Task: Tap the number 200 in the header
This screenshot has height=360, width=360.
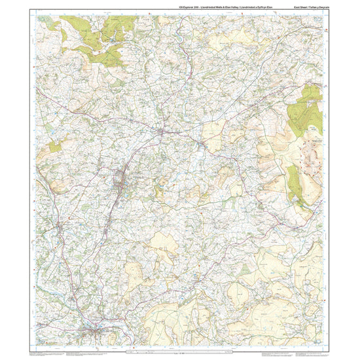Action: click(189, 7)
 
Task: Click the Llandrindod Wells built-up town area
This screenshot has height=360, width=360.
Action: click(120, 181)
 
